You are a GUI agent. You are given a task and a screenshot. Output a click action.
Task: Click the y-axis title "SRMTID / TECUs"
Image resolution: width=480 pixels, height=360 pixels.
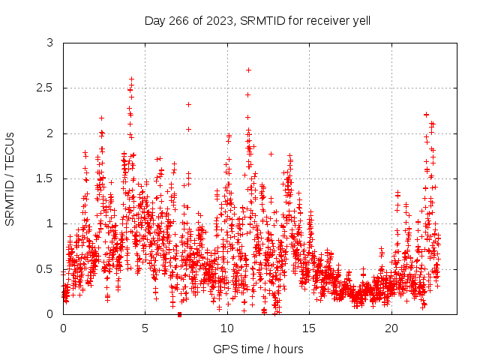point(10,178)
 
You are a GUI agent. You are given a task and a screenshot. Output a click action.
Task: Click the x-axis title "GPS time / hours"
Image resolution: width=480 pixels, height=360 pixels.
point(258,349)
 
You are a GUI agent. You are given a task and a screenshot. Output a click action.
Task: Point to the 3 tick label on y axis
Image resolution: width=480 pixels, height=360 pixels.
point(49,43)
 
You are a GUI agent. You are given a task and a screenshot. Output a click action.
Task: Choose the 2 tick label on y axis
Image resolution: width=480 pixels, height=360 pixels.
point(49,133)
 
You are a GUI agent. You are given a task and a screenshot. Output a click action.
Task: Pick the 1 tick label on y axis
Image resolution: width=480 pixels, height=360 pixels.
point(49,223)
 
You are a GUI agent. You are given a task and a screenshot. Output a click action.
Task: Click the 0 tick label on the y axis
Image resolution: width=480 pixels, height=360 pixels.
point(49,313)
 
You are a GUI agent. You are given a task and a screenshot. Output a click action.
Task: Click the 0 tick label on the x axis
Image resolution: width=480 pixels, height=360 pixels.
point(63,328)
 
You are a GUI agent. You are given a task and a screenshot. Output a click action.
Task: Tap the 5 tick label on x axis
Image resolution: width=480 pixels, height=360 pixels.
point(145,328)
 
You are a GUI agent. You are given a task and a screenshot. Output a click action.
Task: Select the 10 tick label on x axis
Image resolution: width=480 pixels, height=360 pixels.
point(227,328)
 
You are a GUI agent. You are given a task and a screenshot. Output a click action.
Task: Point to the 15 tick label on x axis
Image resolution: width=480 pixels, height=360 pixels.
point(310,328)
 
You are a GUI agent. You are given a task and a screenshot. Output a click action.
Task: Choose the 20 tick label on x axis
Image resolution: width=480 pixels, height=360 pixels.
point(391,328)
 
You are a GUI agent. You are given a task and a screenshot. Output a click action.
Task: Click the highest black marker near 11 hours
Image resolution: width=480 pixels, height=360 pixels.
point(248,70)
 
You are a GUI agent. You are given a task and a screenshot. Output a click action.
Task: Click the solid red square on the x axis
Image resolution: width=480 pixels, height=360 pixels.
point(179,314)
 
